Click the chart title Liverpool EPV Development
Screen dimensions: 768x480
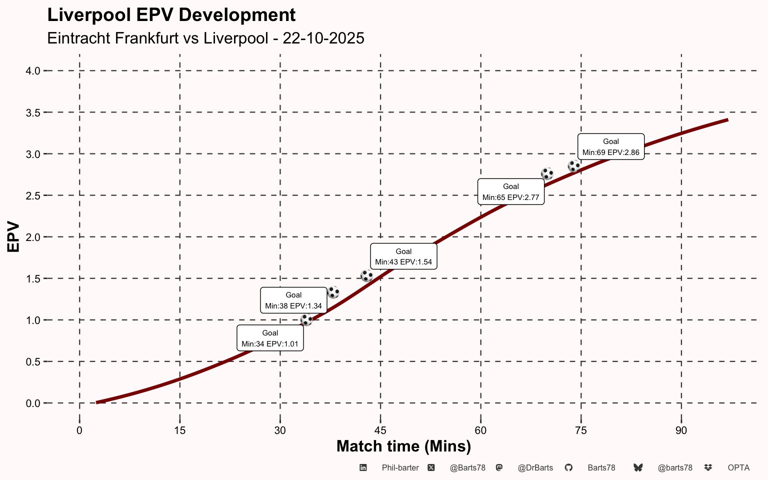[x=171, y=15]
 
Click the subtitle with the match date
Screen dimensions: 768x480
[x=205, y=38]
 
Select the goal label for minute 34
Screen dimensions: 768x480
[x=270, y=338]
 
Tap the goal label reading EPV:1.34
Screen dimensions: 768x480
[x=293, y=300]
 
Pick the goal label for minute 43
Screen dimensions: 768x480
[x=403, y=256]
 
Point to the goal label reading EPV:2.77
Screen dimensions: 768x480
[x=511, y=191]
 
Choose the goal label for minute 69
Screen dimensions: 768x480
[x=611, y=146]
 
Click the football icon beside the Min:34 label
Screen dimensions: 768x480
[x=306, y=320]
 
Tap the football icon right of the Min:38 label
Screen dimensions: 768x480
[x=333, y=292]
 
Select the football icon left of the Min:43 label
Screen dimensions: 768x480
[x=367, y=275]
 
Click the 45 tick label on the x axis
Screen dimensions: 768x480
[x=380, y=430]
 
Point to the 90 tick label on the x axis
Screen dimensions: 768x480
[x=681, y=430]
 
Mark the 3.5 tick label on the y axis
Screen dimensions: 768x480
[x=33, y=113]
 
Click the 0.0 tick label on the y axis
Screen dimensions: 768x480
[x=33, y=403]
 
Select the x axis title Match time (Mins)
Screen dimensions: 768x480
[x=404, y=446]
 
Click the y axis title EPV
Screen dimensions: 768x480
[x=13, y=237]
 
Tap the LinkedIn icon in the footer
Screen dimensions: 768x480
[x=363, y=467]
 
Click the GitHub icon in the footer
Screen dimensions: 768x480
[x=568, y=467]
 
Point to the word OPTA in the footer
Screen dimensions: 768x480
[x=738, y=468]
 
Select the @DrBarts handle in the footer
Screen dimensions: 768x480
[x=535, y=468]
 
